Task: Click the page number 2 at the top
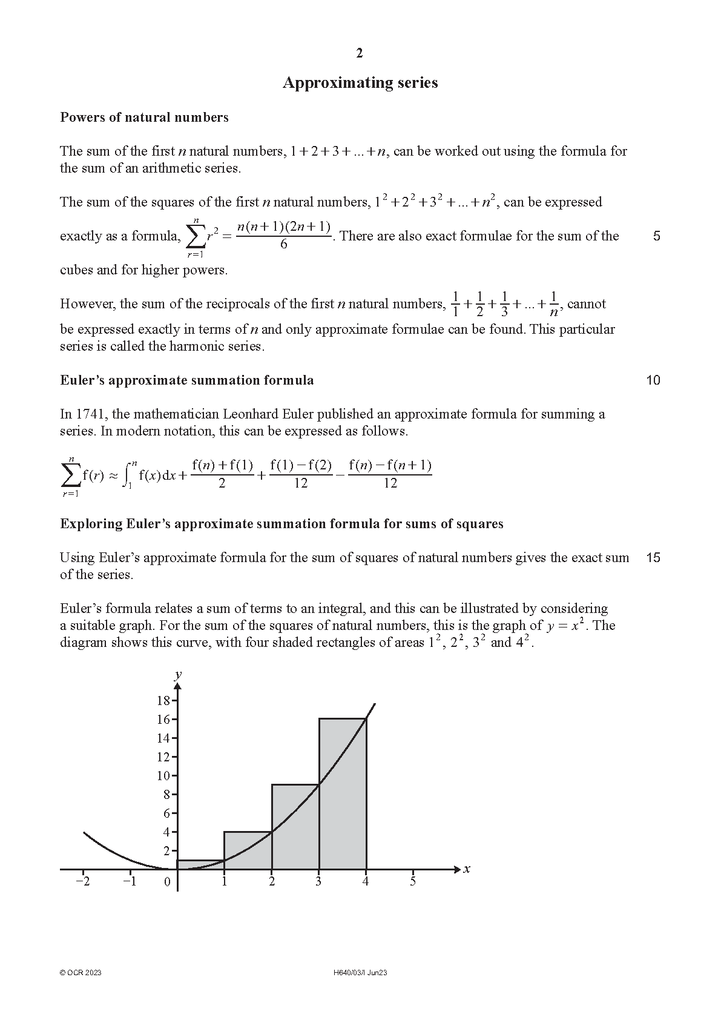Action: click(360, 53)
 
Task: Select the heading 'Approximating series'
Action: click(360, 83)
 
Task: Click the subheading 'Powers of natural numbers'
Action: click(144, 118)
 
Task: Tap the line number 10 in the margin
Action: click(653, 380)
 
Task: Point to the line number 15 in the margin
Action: click(653, 557)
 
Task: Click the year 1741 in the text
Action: click(92, 414)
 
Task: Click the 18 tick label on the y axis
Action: click(163, 701)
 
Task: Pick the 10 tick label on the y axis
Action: click(163, 776)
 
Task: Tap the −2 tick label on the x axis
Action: click(82, 881)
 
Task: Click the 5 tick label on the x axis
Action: click(413, 881)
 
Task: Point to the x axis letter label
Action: click(467, 869)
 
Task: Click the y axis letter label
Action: click(178, 675)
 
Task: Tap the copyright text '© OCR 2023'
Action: click(81, 973)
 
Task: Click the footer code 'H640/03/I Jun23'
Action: click(360, 973)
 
